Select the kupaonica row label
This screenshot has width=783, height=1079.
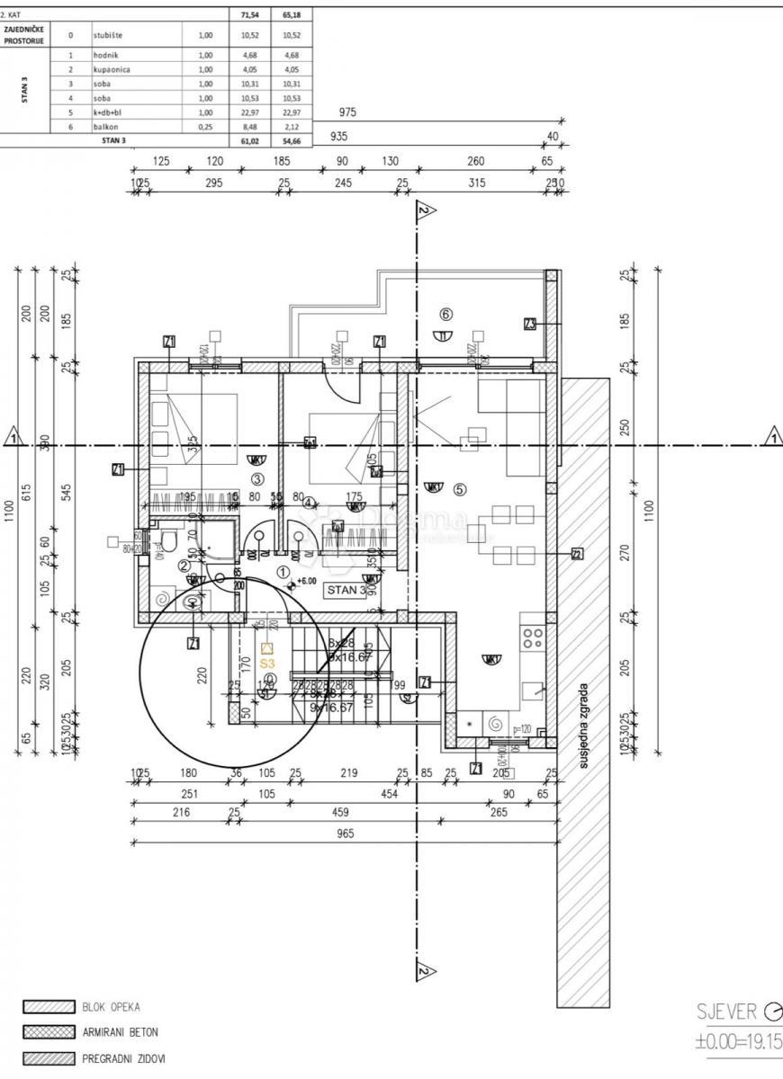click(x=111, y=69)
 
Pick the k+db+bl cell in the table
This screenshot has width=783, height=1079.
click(x=107, y=112)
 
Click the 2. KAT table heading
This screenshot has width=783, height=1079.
click(x=12, y=14)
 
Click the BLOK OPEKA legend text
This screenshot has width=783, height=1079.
click(x=112, y=1007)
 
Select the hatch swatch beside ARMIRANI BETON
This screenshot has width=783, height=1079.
click(x=48, y=1033)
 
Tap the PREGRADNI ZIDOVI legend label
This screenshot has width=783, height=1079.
click(x=124, y=1059)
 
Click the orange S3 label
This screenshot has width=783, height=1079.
click(x=266, y=663)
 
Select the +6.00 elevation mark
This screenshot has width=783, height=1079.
click(x=306, y=581)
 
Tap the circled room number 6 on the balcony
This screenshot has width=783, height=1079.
click(x=445, y=314)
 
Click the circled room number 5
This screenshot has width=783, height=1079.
click(x=459, y=490)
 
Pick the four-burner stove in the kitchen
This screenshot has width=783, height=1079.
click(x=533, y=638)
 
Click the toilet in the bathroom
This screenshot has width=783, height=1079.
click(x=165, y=541)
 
